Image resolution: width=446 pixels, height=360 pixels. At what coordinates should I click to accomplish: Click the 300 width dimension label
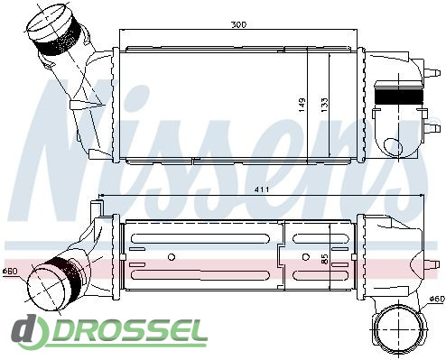(238, 24)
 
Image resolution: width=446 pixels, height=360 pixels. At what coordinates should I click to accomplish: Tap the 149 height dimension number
(302, 105)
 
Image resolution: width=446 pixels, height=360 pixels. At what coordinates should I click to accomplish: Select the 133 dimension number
(324, 105)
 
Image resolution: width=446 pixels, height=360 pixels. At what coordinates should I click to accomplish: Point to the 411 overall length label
(262, 189)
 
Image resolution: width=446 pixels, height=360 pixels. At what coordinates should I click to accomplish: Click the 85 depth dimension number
(324, 259)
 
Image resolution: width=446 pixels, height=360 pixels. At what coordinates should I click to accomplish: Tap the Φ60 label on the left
(10, 271)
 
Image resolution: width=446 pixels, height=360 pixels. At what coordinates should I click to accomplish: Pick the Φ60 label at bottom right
(437, 299)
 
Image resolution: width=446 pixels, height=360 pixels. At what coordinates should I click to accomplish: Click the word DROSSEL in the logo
(130, 331)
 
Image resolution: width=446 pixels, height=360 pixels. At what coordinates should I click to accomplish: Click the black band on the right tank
(399, 97)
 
